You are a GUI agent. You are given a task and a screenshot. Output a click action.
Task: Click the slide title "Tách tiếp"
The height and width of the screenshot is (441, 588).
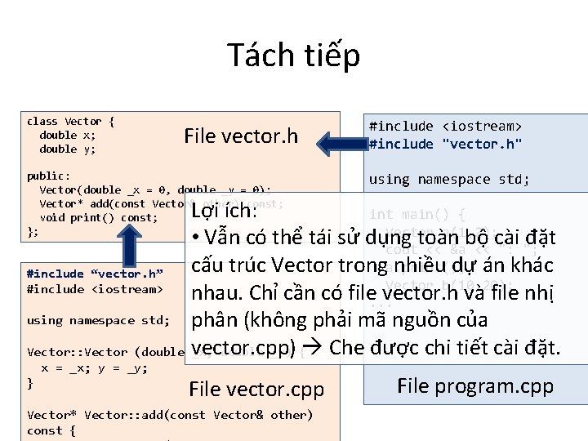(293, 56)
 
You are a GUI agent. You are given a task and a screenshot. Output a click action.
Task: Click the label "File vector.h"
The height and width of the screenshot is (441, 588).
(241, 136)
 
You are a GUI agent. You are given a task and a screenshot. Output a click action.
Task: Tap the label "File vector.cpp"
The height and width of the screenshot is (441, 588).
(256, 389)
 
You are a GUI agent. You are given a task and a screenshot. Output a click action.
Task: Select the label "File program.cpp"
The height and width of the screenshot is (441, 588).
(475, 385)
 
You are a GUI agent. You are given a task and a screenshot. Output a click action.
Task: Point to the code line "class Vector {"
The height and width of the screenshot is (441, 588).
(70, 121)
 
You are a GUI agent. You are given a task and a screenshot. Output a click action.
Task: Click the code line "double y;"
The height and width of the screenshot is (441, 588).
(68, 149)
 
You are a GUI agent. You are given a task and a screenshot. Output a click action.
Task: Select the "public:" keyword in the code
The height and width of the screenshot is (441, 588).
(48, 176)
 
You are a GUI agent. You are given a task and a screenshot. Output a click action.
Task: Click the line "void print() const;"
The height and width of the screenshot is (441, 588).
(98, 217)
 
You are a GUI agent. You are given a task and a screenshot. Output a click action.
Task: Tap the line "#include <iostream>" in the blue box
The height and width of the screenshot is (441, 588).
(445, 126)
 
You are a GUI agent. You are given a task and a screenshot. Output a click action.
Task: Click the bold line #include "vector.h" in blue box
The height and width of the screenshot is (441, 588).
(445, 144)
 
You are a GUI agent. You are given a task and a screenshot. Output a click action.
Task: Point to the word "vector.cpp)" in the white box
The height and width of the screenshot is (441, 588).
(242, 348)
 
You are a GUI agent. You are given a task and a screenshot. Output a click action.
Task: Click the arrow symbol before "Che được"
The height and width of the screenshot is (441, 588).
(312, 349)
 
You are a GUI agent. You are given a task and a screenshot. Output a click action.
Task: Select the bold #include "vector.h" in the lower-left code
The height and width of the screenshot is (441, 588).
(95, 274)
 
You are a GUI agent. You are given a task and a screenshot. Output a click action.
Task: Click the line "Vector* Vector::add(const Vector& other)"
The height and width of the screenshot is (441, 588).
(170, 415)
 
